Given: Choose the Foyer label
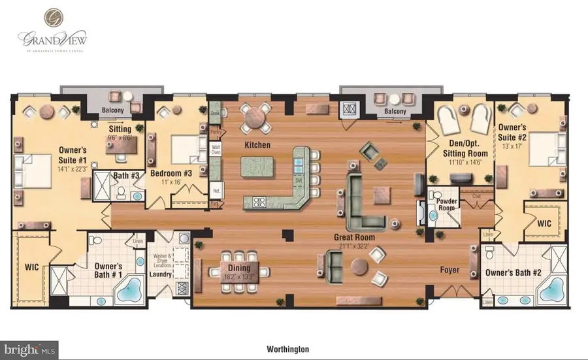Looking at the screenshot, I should (450, 269).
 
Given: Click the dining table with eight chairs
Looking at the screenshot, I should (239, 269).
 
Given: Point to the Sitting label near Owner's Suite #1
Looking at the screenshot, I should (120, 129).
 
